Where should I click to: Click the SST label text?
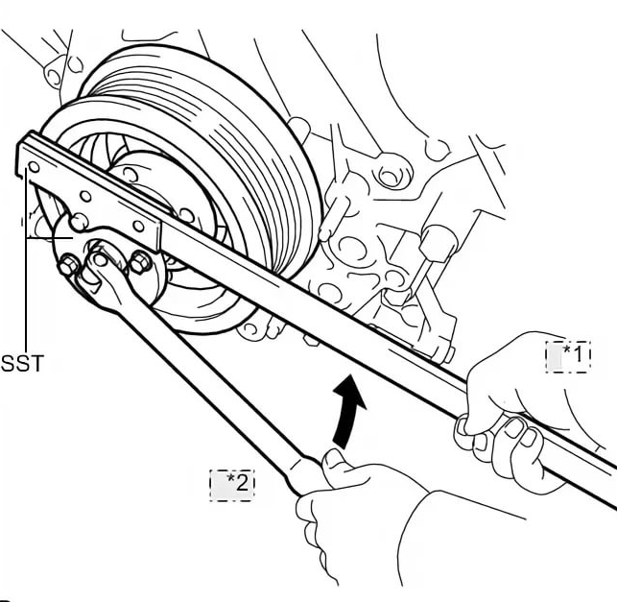(x=22, y=364)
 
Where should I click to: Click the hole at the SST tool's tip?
(x=34, y=166)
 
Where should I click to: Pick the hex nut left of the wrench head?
(x=68, y=265)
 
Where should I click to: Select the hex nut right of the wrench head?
(x=139, y=263)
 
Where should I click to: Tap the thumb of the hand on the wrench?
(x=336, y=462)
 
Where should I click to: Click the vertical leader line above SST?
(x=22, y=288)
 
